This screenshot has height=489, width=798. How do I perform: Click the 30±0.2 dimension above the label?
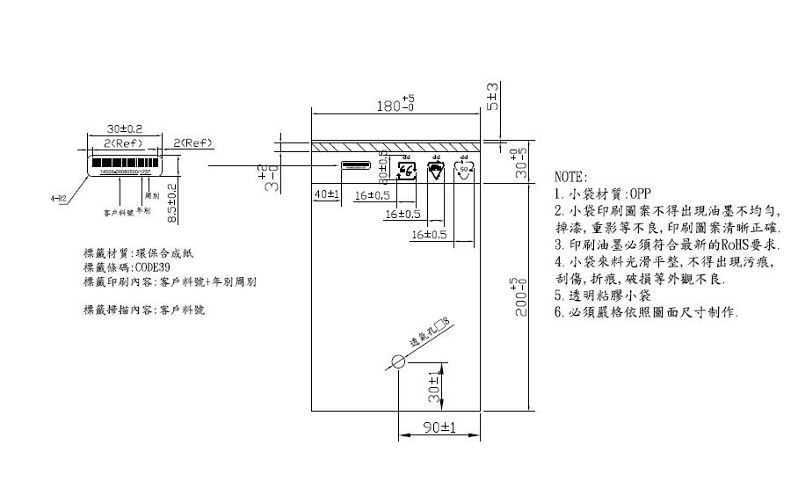coord(124,128)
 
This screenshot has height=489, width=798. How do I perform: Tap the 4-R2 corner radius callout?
coord(59,199)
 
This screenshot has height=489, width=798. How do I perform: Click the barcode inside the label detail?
coord(124,164)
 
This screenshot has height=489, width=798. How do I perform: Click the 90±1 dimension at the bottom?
coord(438,427)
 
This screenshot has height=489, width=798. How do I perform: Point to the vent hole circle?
coord(398,361)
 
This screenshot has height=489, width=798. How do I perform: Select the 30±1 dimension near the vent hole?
coord(433,392)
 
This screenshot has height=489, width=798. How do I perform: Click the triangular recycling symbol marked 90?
coord(464,170)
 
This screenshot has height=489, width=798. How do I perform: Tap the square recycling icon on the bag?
coord(407,170)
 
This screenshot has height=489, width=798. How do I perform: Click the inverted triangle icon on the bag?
coord(436,170)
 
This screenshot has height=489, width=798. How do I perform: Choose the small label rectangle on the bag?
coord(356,165)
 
